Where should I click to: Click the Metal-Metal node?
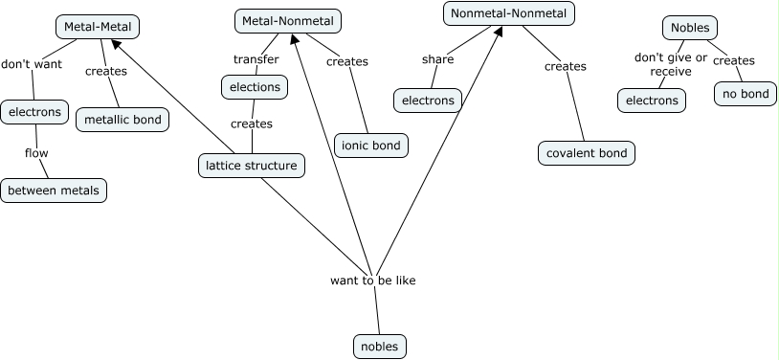98,26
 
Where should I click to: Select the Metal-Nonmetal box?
288,20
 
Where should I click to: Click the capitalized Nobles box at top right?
691,28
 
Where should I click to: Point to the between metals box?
54,190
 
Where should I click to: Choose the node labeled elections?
254,87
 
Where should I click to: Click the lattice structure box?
253,165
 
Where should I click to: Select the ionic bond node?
370,146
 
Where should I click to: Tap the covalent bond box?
587,152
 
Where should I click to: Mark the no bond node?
746,93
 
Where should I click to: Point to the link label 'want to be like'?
373,281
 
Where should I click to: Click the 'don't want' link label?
32,65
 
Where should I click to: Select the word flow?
37,152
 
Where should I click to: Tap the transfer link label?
256,59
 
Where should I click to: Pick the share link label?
437,59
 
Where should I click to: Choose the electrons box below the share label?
427,100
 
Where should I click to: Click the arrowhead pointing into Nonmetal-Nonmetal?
499,32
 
